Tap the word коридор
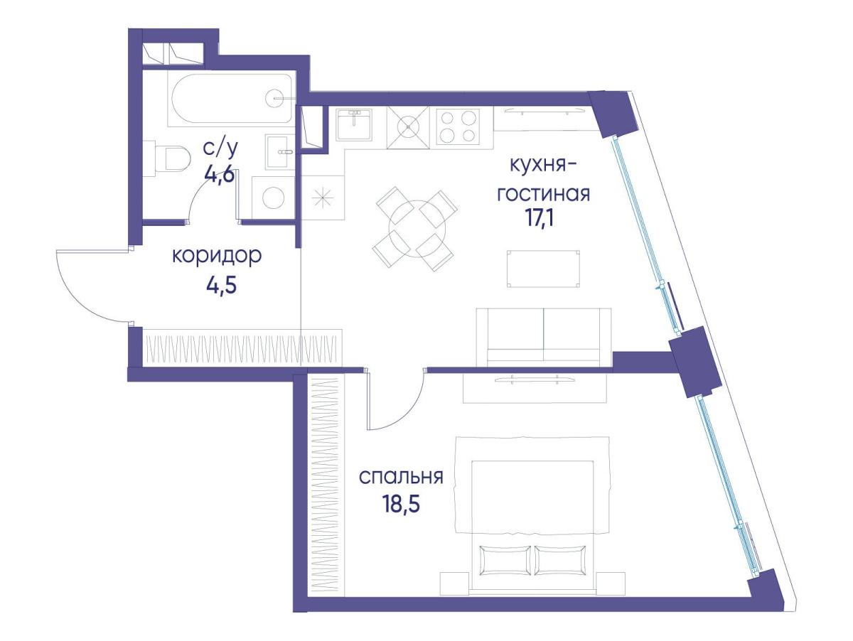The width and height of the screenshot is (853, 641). click(x=217, y=257)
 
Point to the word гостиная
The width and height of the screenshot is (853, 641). click(x=544, y=194)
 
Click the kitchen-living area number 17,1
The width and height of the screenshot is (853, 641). click(x=539, y=218)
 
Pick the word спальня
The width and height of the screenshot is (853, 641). click(x=401, y=477)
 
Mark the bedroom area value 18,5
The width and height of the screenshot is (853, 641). click(x=401, y=505)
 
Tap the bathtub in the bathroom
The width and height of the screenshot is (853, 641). click(x=230, y=98)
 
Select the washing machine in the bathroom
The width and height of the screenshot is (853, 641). click(x=273, y=198)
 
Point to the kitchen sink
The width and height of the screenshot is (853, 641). click(x=353, y=124)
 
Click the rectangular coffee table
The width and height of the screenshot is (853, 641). click(x=543, y=269)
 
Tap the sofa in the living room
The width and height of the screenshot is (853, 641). click(x=544, y=337)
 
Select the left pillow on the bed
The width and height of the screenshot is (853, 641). click(x=505, y=561)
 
